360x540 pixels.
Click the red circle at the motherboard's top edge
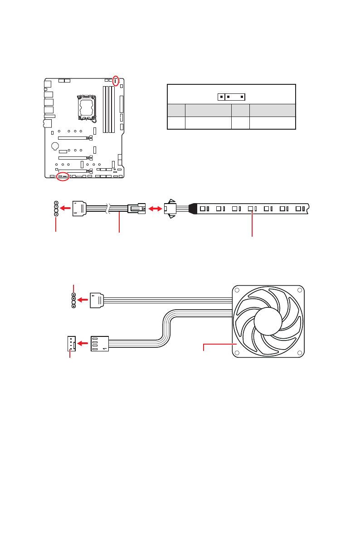click(116, 81)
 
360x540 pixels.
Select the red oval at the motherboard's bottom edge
click(63, 176)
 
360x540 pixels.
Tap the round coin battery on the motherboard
click(55, 146)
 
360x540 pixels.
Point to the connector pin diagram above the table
click(231, 97)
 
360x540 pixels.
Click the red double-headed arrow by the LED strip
click(155, 209)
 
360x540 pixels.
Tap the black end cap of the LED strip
click(192, 209)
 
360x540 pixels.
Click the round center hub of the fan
click(268, 321)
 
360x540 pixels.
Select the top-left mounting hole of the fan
click(237, 291)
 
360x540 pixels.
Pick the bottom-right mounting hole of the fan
click(299, 352)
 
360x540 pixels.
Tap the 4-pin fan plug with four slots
click(100, 343)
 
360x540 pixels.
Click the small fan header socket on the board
click(71, 343)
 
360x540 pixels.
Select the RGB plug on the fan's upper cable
click(97, 300)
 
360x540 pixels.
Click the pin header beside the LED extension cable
click(56, 209)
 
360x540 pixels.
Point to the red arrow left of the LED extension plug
click(66, 209)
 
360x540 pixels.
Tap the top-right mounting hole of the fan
click(299, 291)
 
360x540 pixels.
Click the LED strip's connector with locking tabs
click(170, 209)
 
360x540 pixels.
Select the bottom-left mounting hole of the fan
click(237, 352)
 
